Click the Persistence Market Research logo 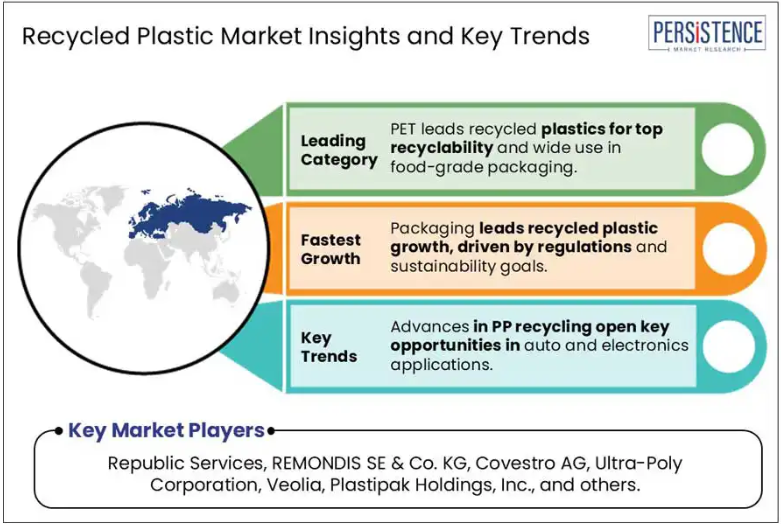tap(706, 33)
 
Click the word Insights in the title tap(354, 37)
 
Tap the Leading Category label tap(339, 150)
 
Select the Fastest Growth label tap(331, 249)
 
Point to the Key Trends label tap(329, 347)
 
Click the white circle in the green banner tap(727, 149)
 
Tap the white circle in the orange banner tap(728, 249)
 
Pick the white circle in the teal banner tap(728, 347)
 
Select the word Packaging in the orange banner tap(432, 229)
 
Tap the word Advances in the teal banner tap(430, 327)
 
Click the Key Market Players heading tap(166, 430)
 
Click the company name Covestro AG tap(530, 463)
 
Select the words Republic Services tap(185, 463)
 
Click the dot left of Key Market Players tap(59, 430)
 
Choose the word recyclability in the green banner tap(441, 148)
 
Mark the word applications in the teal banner tap(441, 365)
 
